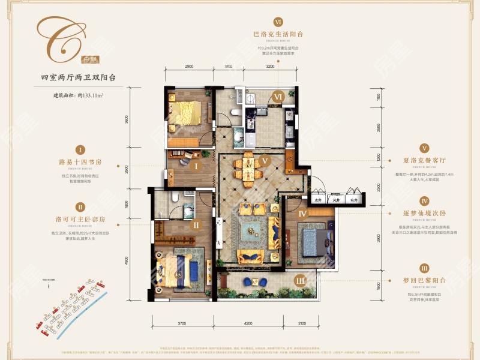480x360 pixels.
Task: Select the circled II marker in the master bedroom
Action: click(196, 226)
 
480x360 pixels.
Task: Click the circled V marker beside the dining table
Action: click(264, 161)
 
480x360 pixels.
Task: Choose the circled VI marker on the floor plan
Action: click(278, 97)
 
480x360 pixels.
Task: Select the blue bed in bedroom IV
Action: click(313, 240)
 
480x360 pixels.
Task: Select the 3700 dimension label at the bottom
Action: click(182, 323)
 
